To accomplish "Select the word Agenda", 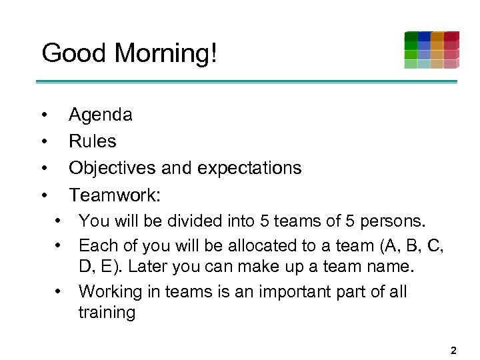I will click(x=101, y=115).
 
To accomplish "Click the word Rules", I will click(x=93, y=141).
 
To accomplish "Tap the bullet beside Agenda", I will click(x=43, y=115).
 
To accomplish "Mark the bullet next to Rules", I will click(x=43, y=141).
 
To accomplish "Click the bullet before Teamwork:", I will click(x=43, y=195).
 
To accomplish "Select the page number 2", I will click(x=453, y=350).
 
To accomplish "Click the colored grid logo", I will click(x=431, y=50).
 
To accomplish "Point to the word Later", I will click(x=147, y=267).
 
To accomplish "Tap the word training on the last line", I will click(x=107, y=313).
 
